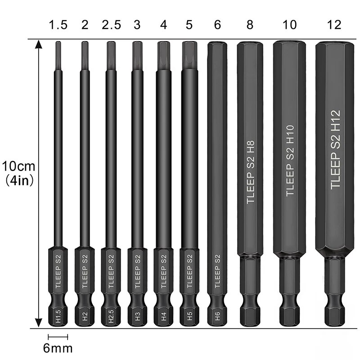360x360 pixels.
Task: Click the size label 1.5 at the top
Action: [x=58, y=25]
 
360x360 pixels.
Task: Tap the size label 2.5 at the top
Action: [x=111, y=25]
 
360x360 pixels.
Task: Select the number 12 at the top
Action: [x=335, y=25]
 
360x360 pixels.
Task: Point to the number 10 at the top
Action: [x=290, y=25]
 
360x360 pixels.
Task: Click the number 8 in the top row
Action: [x=250, y=25]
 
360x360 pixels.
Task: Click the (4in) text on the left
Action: [x=18, y=180]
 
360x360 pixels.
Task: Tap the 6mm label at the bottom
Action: [x=58, y=348]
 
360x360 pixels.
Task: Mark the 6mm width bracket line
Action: [x=58, y=336]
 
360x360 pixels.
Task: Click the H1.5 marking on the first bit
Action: [x=58, y=312]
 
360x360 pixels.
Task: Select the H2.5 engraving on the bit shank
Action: [x=111, y=312]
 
